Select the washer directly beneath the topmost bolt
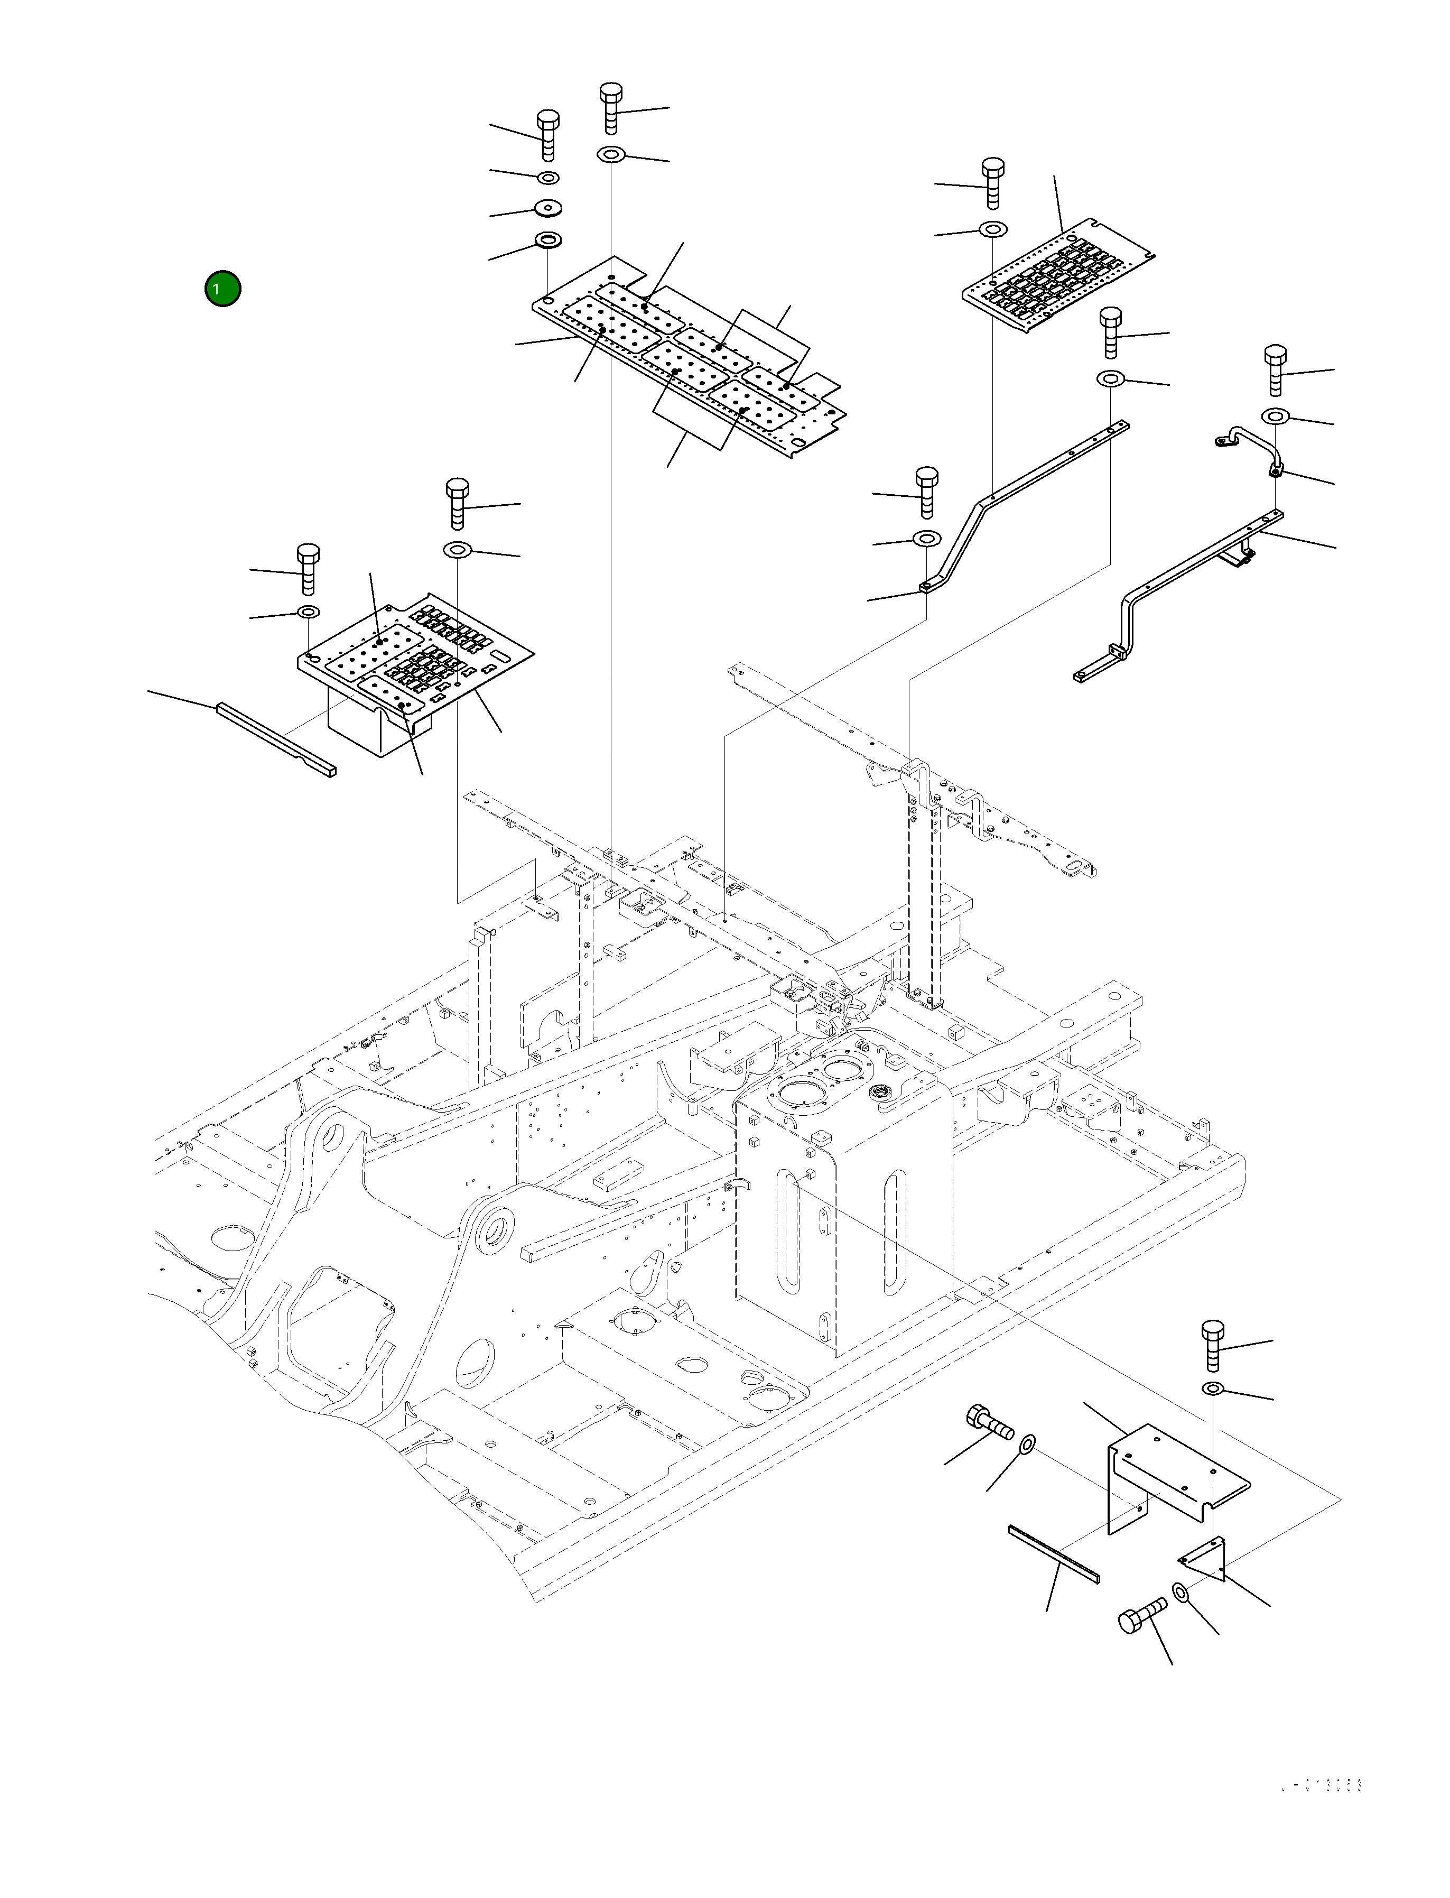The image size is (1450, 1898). [611, 154]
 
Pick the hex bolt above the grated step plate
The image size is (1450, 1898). [992, 181]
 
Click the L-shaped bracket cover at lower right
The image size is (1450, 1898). [1174, 1474]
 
